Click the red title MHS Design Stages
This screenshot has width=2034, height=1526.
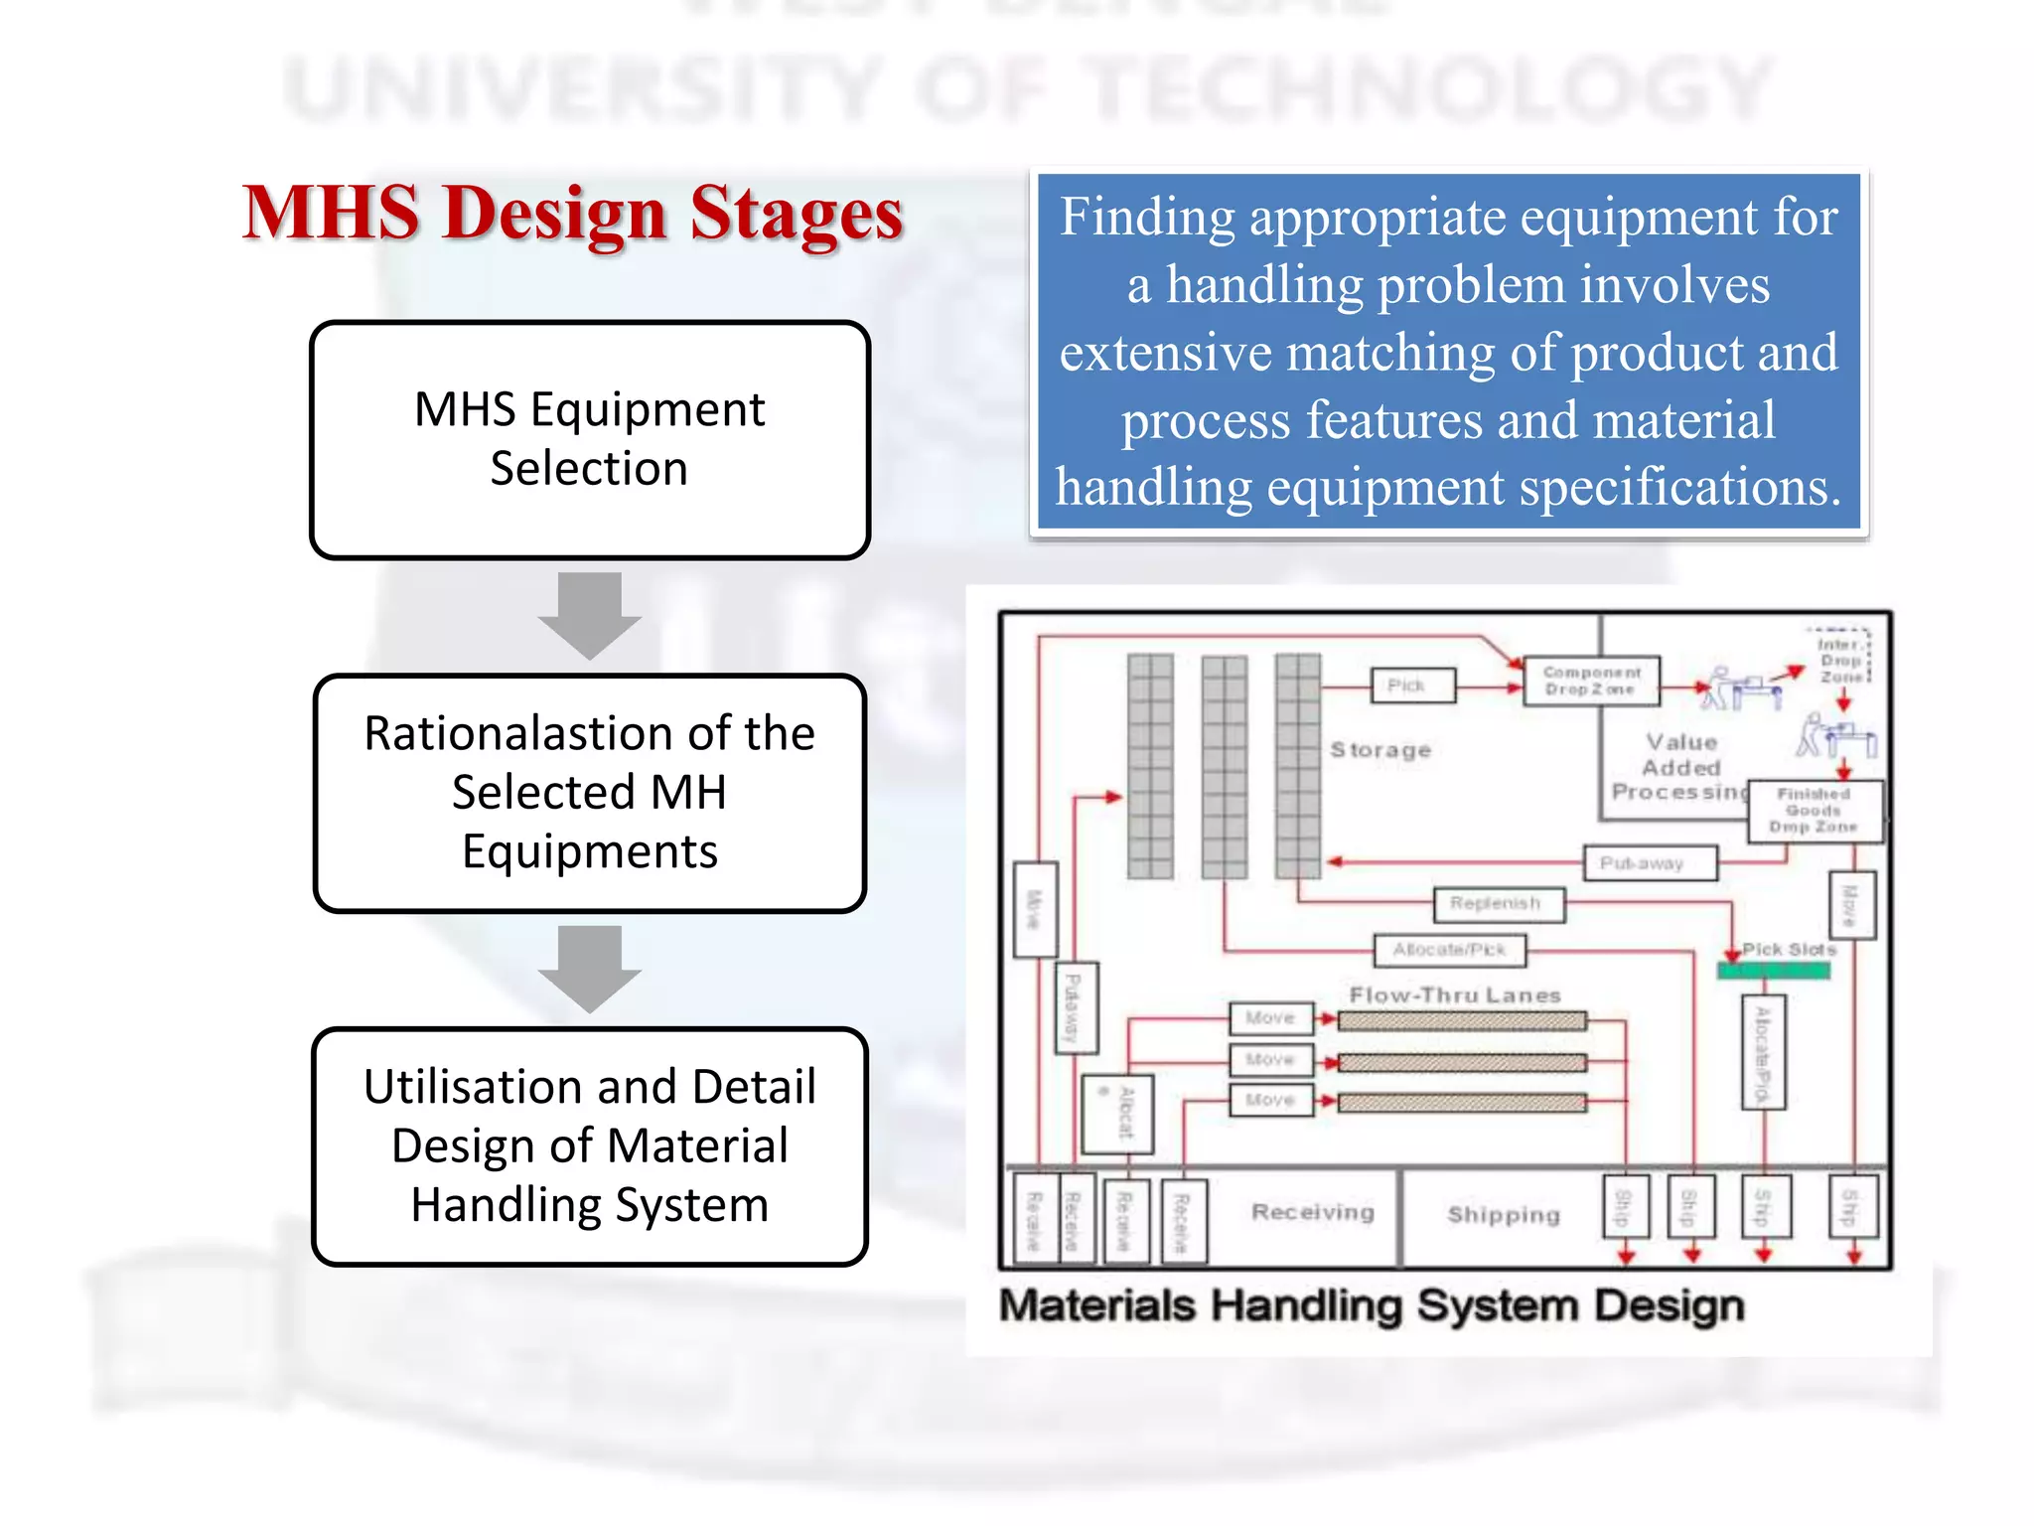pos(572,213)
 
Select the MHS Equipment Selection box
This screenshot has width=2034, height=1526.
pos(590,439)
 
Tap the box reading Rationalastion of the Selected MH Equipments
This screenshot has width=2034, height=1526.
pos(590,793)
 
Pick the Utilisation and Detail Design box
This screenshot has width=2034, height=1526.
pos(590,1145)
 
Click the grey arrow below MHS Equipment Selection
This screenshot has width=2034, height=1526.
pos(590,615)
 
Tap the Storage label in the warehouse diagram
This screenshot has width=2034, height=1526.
pos(1380,750)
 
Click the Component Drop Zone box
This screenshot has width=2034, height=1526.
pos(1591,681)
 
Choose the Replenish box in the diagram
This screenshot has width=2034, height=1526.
pos(1499,904)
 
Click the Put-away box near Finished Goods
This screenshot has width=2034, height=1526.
pos(1649,863)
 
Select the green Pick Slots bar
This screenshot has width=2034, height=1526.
pos(1773,971)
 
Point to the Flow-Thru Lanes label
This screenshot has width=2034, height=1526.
pos(1455,995)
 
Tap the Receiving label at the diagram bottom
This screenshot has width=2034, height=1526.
pos(1313,1213)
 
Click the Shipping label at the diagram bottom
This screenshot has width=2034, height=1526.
pos(1504,1215)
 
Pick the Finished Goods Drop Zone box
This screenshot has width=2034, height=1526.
pos(1815,811)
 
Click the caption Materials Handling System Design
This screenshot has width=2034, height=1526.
pos(1371,1305)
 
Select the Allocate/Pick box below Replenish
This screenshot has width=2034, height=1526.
pos(1450,951)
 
